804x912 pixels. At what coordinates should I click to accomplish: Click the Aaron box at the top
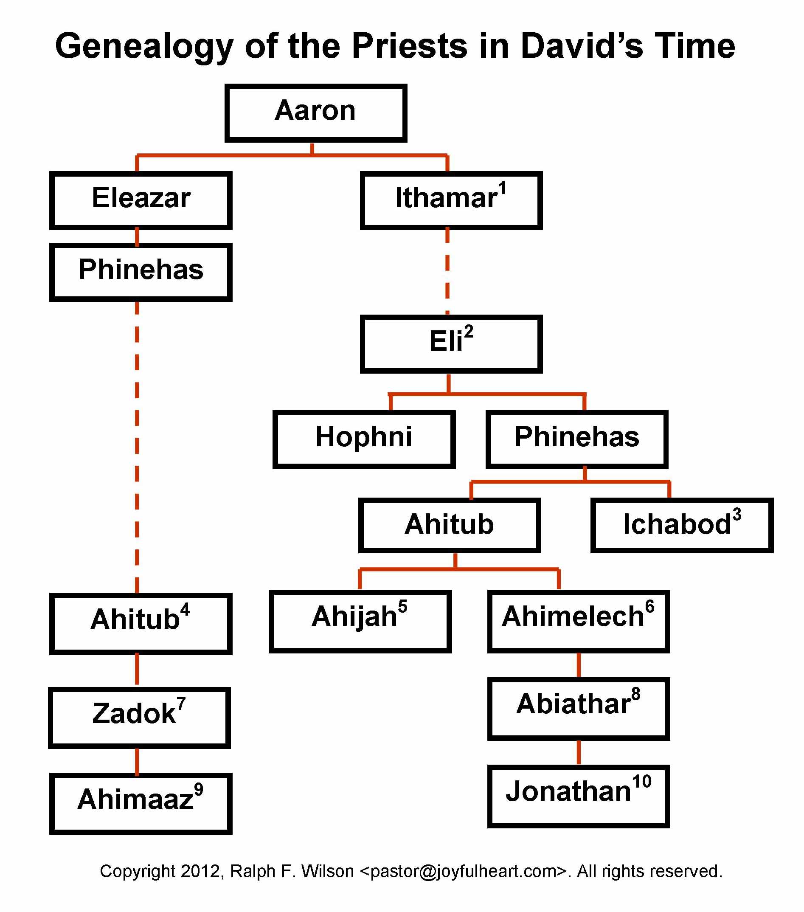coord(315,113)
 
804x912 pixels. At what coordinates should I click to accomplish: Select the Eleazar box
coord(141,200)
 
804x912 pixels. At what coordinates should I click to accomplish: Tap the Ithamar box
coord(451,200)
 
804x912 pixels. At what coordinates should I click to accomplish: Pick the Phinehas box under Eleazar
coord(141,272)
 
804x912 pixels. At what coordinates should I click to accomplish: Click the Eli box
coord(451,344)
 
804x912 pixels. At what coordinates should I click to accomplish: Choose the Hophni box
coord(364,439)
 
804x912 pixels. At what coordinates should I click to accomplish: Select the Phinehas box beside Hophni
coord(577,439)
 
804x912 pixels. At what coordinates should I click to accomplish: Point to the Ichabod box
coord(682,526)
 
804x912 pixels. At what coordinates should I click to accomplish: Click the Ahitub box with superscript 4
coord(141,624)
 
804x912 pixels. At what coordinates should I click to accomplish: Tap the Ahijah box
coord(360,622)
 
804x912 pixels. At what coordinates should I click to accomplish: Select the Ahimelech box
coord(579,622)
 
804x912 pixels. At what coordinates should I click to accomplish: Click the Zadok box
coord(139,718)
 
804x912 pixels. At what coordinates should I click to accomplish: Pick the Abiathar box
coord(579,709)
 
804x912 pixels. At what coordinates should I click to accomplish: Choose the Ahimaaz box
coord(141,804)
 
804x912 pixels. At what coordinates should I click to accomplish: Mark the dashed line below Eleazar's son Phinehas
coord(137,447)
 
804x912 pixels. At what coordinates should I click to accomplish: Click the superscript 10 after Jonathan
coord(642,782)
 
